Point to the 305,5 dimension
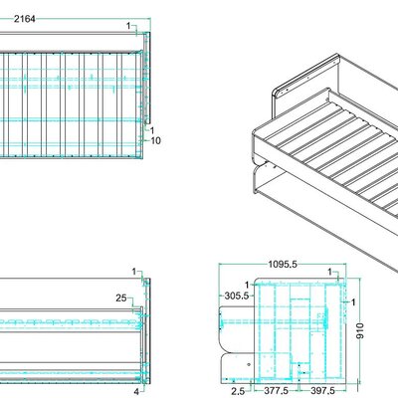pos(235,296)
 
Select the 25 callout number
pos(119,298)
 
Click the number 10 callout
pos(155,141)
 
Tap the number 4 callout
pos(136,391)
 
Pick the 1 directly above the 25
pos(132,271)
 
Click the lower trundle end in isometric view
pos(261,179)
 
